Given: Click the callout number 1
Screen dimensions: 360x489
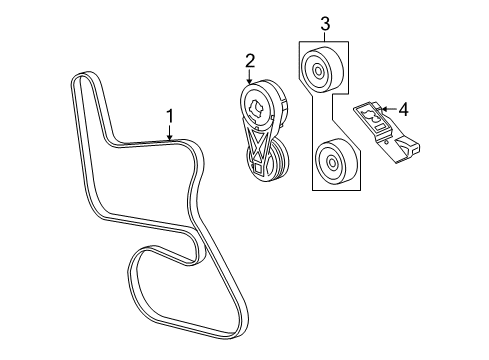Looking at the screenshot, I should point(170,115).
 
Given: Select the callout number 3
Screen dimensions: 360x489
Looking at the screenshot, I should point(324,23).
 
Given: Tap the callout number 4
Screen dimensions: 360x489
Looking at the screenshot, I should point(404,108).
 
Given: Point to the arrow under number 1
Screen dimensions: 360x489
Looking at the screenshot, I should point(170,134).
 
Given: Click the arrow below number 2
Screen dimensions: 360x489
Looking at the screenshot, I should point(251,78).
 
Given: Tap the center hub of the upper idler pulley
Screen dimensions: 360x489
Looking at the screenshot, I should point(317,70).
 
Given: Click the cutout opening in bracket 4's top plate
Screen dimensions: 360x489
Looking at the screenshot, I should point(378,117).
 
